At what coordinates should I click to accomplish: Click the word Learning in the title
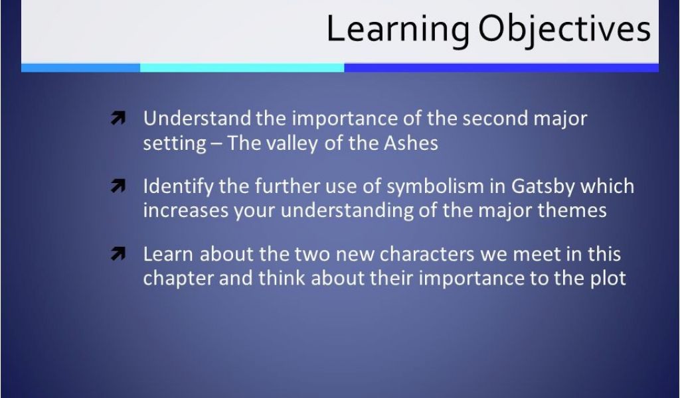(398, 30)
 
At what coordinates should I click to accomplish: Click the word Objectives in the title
(564, 30)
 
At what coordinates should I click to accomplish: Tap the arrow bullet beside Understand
(118, 118)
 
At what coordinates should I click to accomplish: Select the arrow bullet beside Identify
(118, 186)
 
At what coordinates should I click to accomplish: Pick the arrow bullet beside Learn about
(118, 253)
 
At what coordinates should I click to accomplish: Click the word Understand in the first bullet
(197, 118)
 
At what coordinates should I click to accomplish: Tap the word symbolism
(435, 187)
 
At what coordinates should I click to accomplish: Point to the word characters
(427, 254)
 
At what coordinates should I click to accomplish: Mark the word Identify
(178, 187)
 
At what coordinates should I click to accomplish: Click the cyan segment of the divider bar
(242, 68)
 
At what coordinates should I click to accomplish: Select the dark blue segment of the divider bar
(501, 68)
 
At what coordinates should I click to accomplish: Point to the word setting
(175, 144)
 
